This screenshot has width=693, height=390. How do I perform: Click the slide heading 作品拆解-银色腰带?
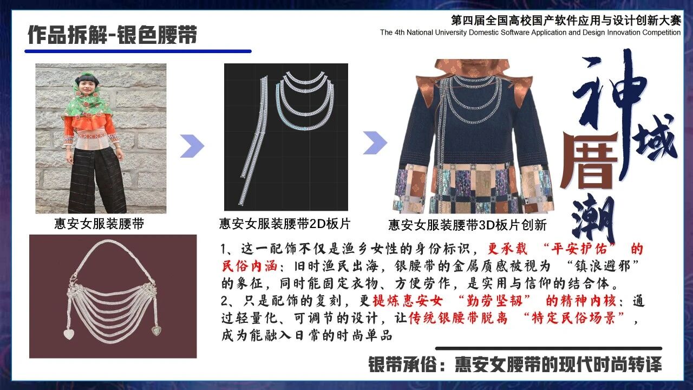click(x=112, y=34)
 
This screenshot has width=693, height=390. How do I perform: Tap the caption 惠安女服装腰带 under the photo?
click(x=99, y=224)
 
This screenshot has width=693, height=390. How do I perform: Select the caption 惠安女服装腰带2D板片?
click(x=285, y=224)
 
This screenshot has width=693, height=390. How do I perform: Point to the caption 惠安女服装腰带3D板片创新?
click(x=467, y=225)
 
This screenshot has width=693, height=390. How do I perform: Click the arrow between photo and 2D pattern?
click(x=192, y=146)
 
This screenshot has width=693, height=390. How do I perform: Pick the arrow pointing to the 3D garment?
click(x=375, y=142)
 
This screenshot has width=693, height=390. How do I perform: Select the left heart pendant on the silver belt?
click(x=69, y=334)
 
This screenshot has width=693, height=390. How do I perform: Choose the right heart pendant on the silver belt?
click(x=156, y=330)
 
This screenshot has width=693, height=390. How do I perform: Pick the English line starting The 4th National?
click(x=530, y=32)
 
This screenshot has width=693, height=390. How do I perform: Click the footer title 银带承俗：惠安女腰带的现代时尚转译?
click(x=515, y=365)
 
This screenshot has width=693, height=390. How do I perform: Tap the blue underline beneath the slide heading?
click(x=138, y=51)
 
